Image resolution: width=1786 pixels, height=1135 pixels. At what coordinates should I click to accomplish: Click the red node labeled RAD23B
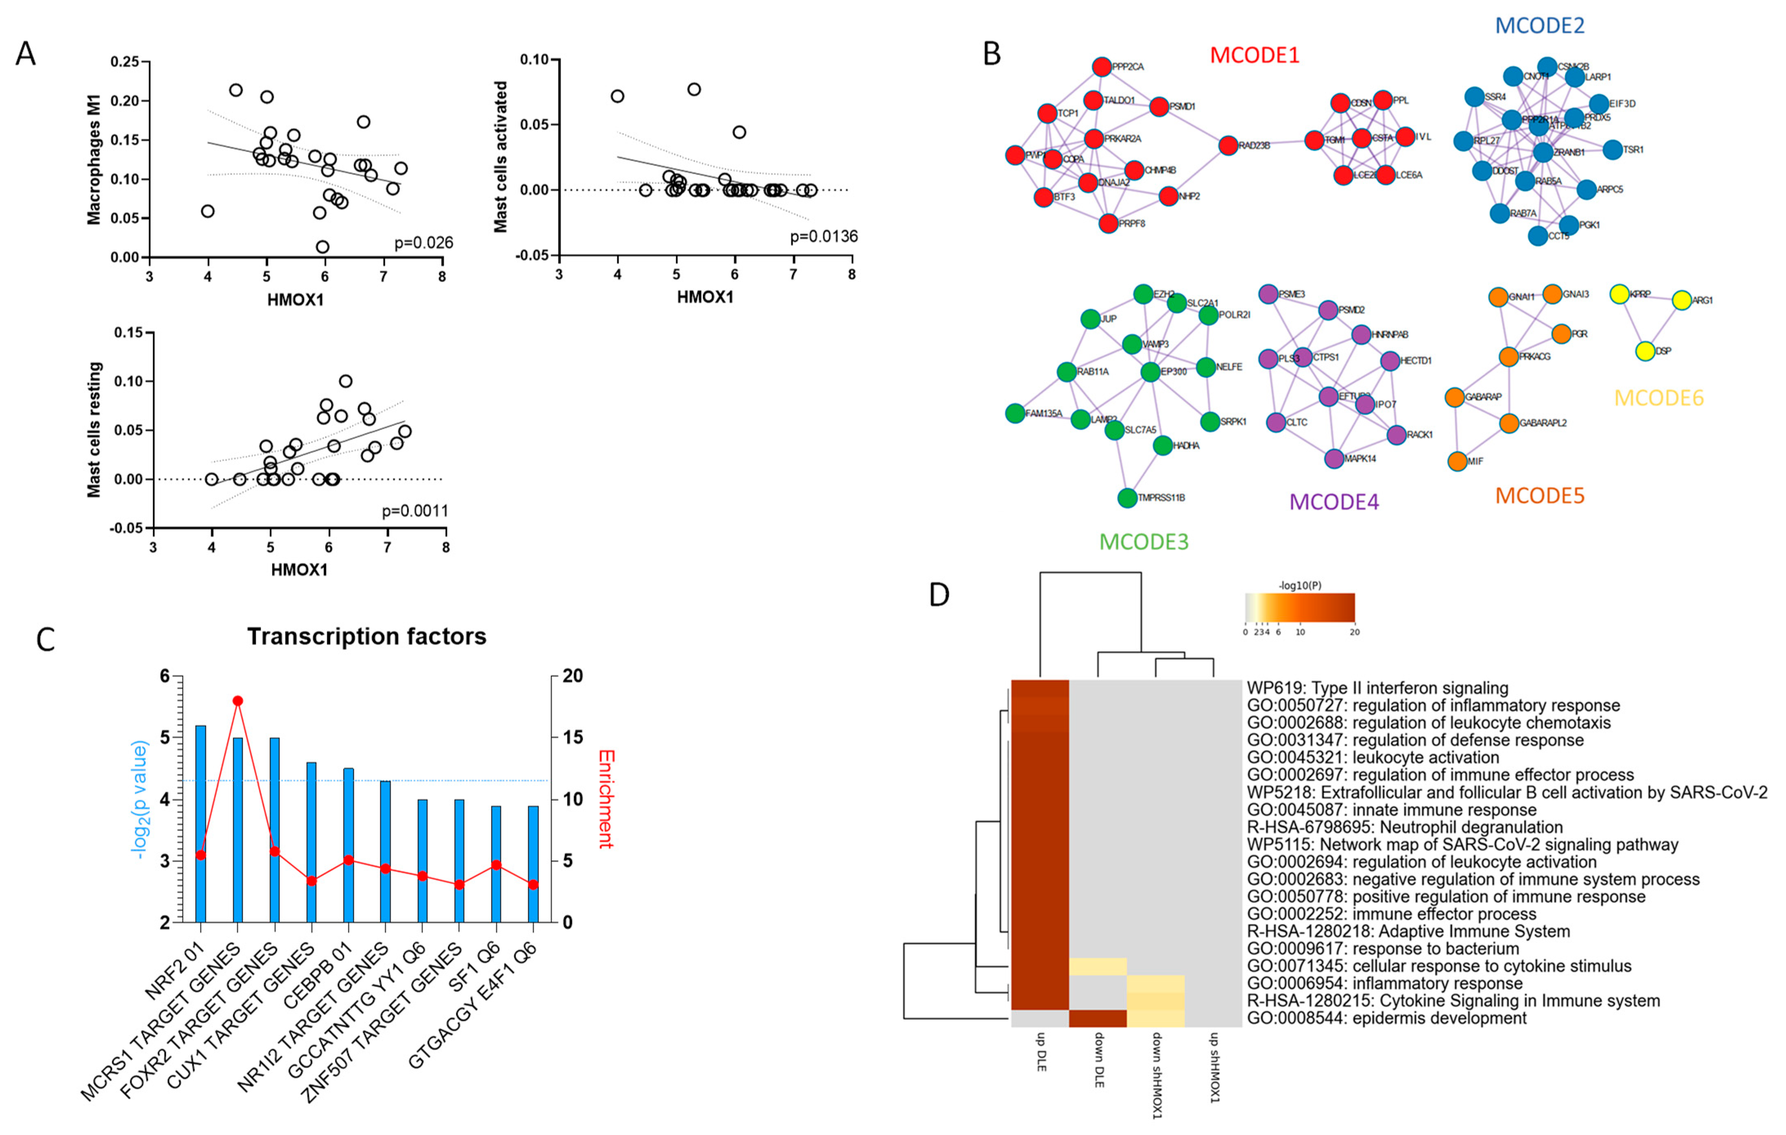click(1227, 146)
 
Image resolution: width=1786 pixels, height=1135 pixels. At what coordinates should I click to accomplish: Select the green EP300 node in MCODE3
click(1150, 372)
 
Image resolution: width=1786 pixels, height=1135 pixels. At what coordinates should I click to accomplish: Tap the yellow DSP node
click(1645, 351)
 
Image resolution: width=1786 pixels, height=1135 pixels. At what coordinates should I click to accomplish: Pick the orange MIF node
click(1457, 461)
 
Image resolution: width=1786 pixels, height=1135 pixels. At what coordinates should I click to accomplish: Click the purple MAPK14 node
click(1334, 459)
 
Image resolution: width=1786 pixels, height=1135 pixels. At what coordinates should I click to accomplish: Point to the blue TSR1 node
click(1612, 150)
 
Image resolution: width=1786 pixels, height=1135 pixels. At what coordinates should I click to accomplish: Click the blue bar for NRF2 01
click(200, 824)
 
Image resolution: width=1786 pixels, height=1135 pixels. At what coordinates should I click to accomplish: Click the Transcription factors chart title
click(367, 636)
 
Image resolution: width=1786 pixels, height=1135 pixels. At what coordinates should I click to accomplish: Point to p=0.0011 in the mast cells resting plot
click(415, 511)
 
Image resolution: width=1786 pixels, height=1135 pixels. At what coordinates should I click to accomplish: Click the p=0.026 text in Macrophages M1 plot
click(423, 243)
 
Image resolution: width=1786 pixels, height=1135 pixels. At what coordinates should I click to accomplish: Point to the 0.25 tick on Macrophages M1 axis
click(125, 62)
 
